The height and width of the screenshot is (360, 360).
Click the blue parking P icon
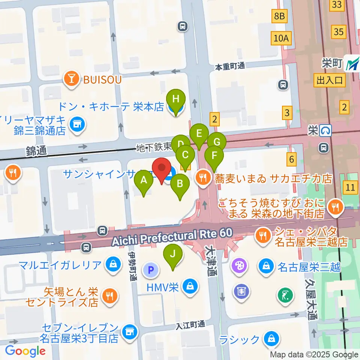(x=151, y=270)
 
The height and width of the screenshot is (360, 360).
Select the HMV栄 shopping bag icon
(x=191, y=287)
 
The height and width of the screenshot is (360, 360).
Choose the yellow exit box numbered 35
(x=339, y=32)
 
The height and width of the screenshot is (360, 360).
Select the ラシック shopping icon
(x=271, y=339)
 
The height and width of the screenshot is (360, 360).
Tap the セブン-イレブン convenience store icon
(x=129, y=332)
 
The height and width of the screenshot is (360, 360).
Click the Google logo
(x=25, y=351)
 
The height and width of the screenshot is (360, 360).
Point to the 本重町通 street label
(x=229, y=66)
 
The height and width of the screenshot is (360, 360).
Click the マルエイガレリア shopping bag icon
(x=112, y=265)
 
